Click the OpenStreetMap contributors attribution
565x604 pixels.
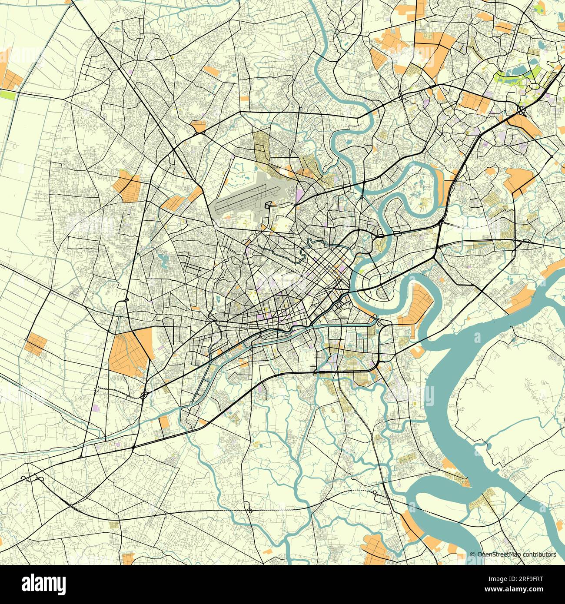[513, 554]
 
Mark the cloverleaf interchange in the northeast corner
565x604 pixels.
[521, 110]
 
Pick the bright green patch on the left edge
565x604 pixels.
[7, 94]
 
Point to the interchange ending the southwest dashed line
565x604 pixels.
[144, 395]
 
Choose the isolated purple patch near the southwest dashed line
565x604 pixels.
[96, 408]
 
